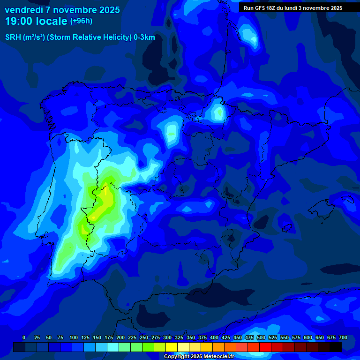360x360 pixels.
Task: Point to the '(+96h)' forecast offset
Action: (81, 21)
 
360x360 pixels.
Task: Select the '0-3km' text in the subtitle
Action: (144, 37)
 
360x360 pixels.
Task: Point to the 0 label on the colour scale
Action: (24, 338)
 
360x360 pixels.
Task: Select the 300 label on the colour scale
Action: (167, 338)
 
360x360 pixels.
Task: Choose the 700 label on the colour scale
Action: (343, 338)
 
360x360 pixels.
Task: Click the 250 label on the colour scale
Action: (144, 338)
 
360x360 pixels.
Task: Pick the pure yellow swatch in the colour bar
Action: (172, 347)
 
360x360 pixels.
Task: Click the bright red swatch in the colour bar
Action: (265, 347)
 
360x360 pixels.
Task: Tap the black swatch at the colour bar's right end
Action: (336, 347)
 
